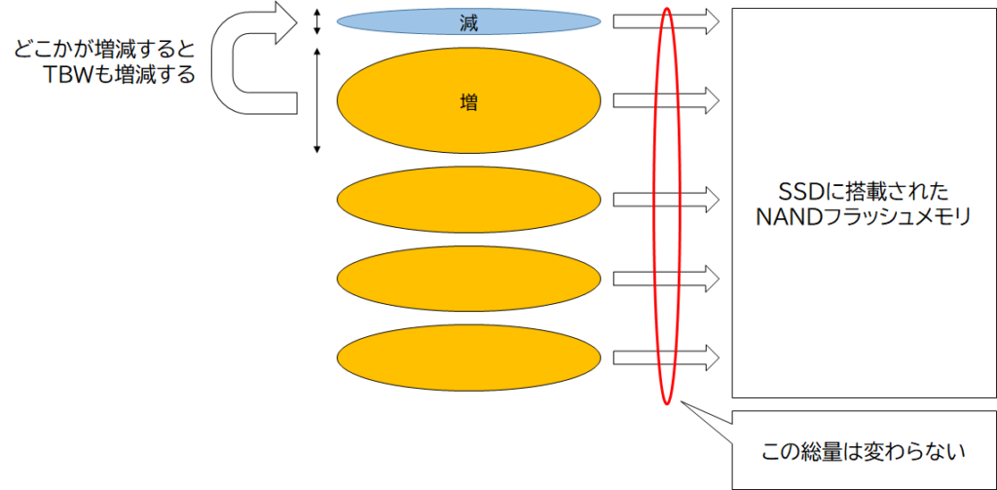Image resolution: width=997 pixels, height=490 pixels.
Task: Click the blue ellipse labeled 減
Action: pyautogui.click(x=468, y=23)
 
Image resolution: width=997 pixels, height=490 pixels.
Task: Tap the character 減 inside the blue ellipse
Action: pyautogui.click(x=468, y=23)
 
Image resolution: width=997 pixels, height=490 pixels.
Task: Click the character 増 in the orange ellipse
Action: pyautogui.click(x=468, y=102)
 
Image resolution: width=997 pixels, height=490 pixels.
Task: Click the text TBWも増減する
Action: pyautogui.click(x=118, y=75)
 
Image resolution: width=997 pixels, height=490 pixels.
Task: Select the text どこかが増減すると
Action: pyautogui.click(x=103, y=51)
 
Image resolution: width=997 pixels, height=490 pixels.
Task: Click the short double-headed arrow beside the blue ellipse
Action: pyautogui.click(x=317, y=22)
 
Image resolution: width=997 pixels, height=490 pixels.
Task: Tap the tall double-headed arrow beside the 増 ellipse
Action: pyautogui.click(x=317, y=101)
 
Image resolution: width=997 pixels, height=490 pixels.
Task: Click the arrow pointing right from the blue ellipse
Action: pyautogui.click(x=666, y=21)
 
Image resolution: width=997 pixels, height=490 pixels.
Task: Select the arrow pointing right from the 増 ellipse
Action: pyautogui.click(x=666, y=100)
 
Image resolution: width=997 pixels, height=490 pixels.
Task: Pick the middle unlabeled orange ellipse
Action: pyautogui.click(x=468, y=278)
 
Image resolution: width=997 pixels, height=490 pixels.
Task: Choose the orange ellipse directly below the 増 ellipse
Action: pyautogui.click(x=468, y=199)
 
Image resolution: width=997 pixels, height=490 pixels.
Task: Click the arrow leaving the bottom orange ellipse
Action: pyautogui.click(x=666, y=358)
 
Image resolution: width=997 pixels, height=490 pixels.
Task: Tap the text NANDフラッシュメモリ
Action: pyautogui.click(x=864, y=217)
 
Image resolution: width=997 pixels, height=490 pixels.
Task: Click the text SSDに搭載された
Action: pyautogui.click(x=864, y=192)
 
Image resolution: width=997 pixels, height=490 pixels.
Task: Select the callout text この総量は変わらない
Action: pyautogui.click(x=864, y=452)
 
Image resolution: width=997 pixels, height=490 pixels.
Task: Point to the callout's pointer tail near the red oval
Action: pyautogui.click(x=683, y=402)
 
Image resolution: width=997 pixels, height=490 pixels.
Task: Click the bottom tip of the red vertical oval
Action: pyautogui.click(x=666, y=404)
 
